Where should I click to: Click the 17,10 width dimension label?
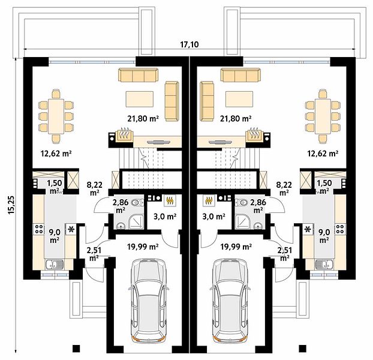(x=189, y=44)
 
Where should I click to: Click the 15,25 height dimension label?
(x=11, y=205)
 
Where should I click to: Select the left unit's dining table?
(x=56, y=116)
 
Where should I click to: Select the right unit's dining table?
(x=323, y=116)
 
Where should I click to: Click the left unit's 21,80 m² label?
(x=143, y=118)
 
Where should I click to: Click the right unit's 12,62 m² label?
(x=323, y=154)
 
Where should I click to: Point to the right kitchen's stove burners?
(x=339, y=229)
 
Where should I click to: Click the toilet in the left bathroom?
(x=137, y=202)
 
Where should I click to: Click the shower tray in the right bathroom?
(x=243, y=221)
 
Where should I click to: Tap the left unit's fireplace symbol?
(x=124, y=135)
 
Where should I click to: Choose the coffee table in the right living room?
(x=239, y=99)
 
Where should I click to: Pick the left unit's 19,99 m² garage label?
(x=143, y=247)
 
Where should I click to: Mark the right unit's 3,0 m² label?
(x=214, y=217)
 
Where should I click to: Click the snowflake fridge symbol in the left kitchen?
(x=71, y=229)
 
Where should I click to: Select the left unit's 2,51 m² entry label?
(x=94, y=254)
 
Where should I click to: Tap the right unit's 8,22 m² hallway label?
(x=284, y=188)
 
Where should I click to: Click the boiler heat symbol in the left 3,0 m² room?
(x=170, y=200)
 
